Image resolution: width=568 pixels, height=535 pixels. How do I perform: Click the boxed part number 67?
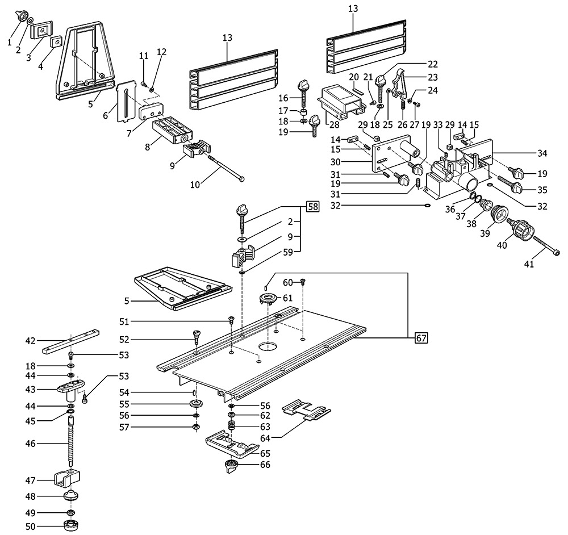(x=420, y=340)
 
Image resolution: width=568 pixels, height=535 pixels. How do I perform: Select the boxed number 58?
(x=312, y=207)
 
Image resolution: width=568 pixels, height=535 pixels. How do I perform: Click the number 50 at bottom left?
(x=30, y=526)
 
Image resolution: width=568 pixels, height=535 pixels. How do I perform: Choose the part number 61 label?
(x=287, y=298)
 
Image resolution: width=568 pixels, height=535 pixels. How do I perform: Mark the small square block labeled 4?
(x=56, y=41)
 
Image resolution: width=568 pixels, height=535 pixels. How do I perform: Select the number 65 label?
(x=265, y=453)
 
